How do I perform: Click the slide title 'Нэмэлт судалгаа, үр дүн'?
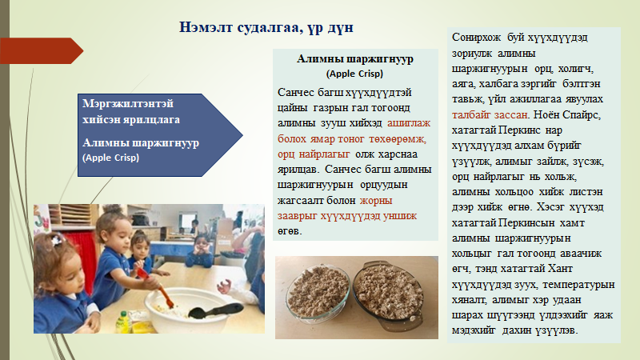[266, 27]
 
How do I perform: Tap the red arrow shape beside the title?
[42, 50]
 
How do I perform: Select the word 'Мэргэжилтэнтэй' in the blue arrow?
[128, 104]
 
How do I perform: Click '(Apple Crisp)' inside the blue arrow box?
[110, 158]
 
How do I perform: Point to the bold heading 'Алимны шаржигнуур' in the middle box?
[355, 59]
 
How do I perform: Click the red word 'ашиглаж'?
[409, 123]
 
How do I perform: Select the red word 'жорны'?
[376, 201]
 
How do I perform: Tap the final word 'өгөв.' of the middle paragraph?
[290, 231]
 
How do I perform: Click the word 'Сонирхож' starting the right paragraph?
[476, 38]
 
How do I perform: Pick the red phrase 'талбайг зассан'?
[490, 114]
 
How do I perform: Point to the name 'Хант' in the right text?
[560, 269]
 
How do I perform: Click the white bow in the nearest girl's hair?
[56, 239]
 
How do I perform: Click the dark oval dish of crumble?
[388, 294]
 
